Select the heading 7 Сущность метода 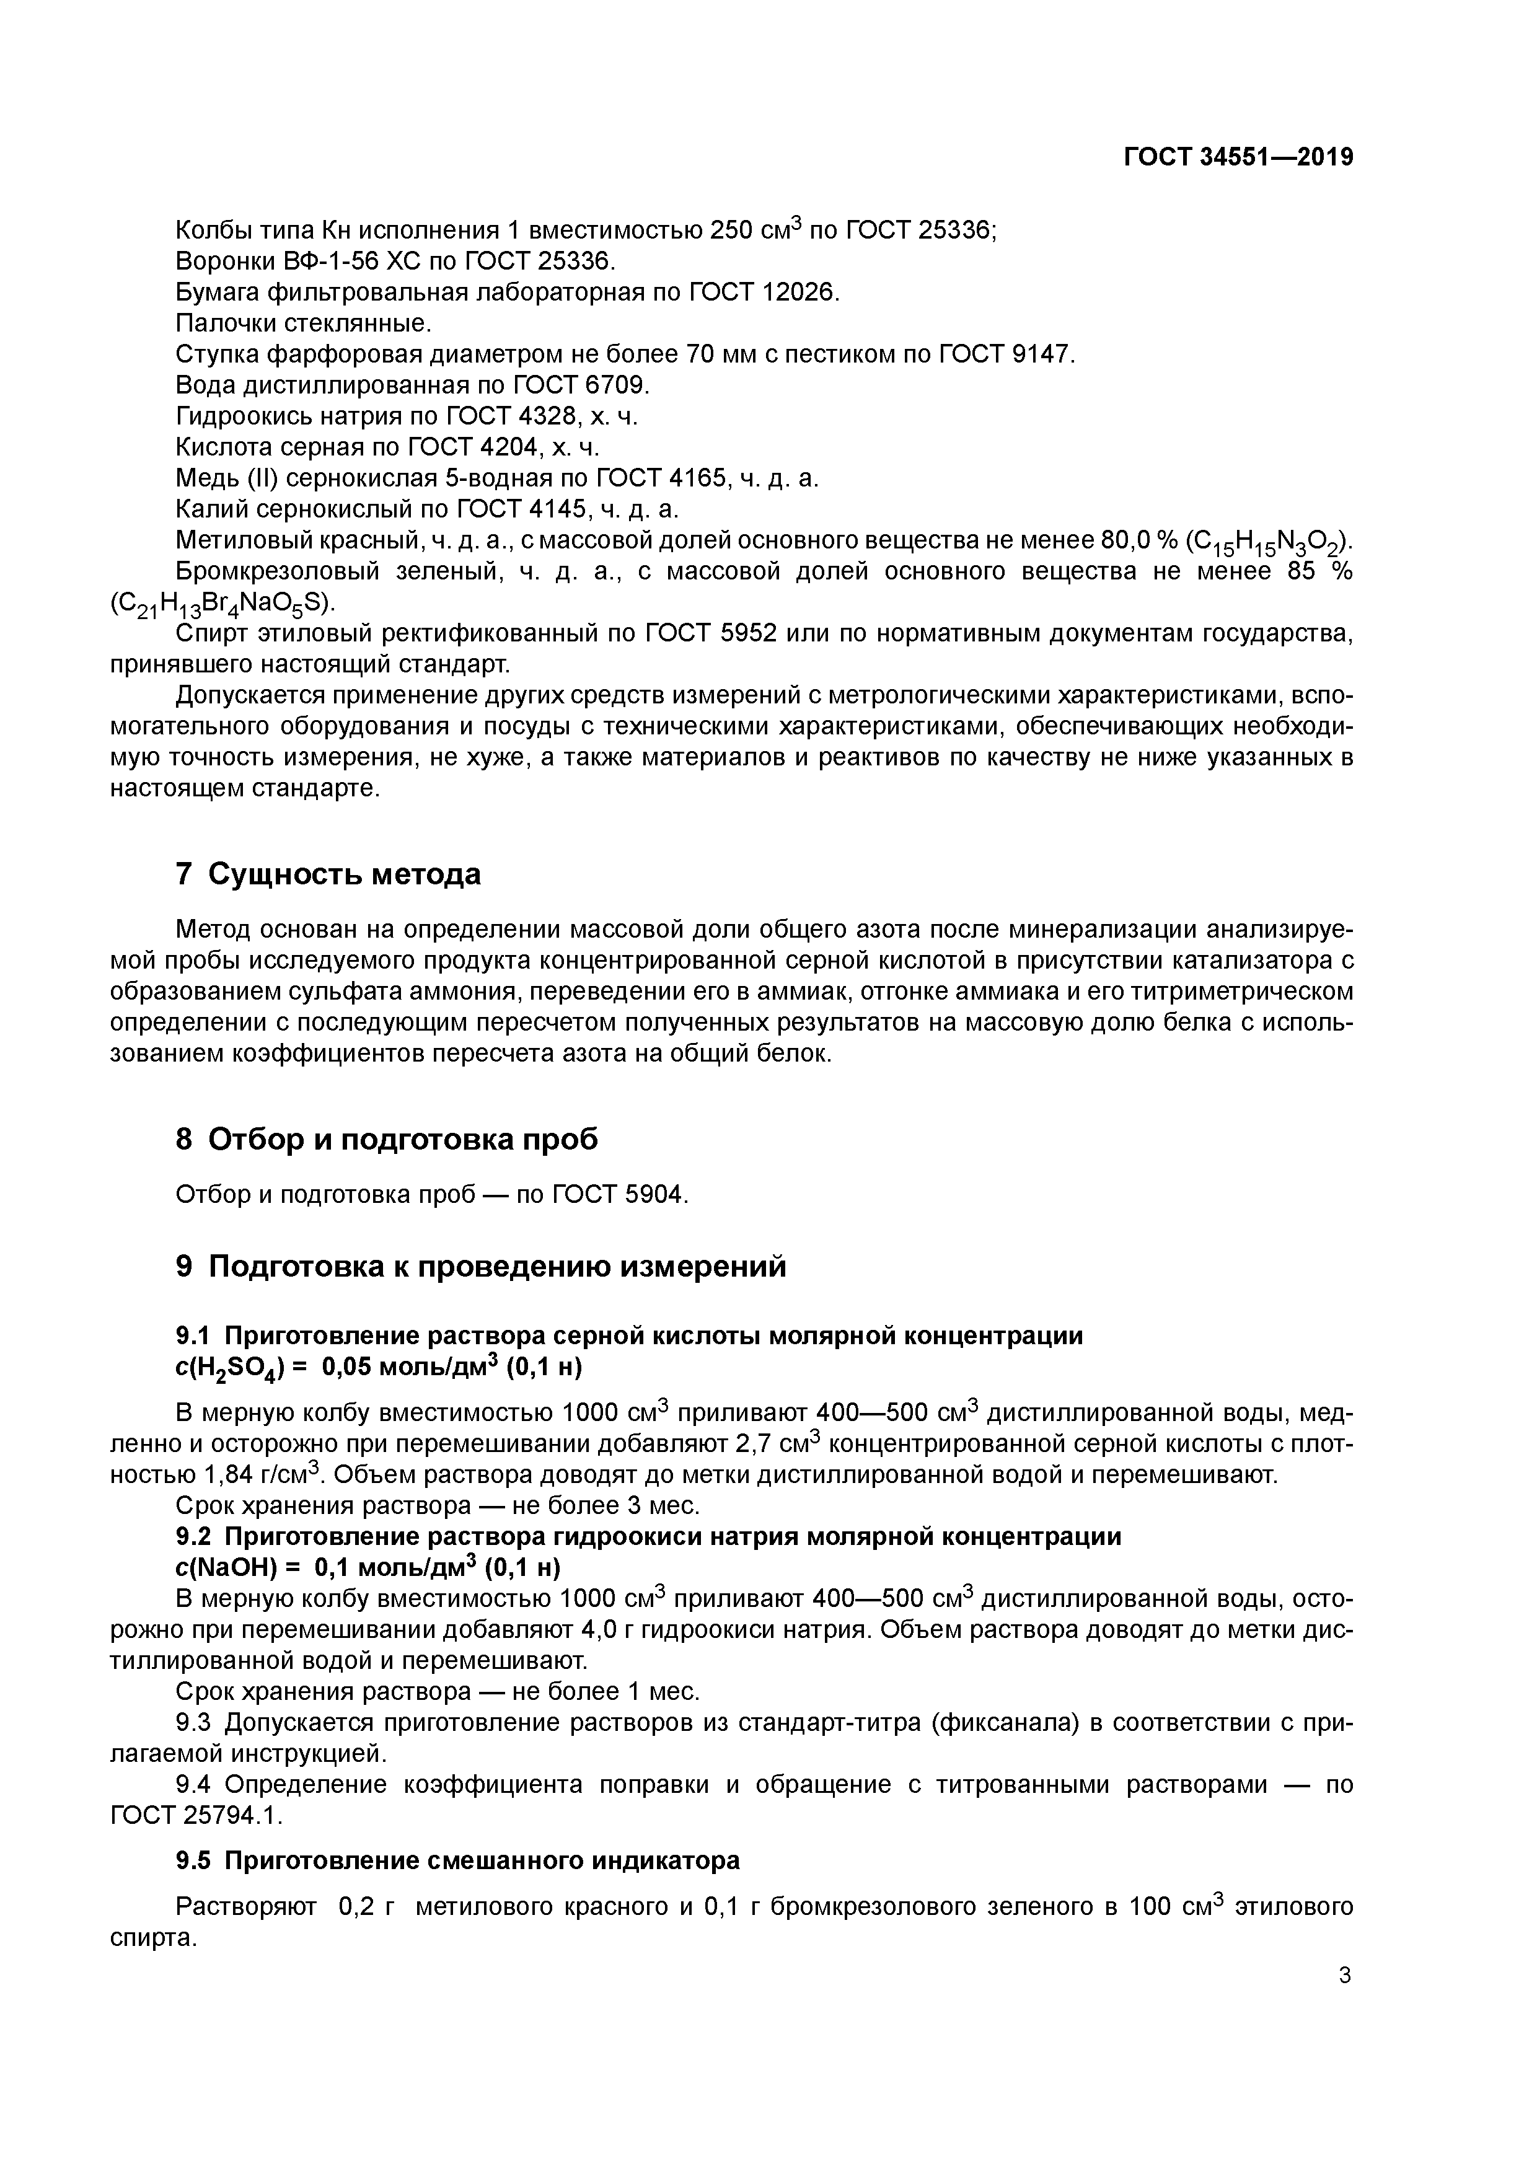pyautogui.click(x=328, y=874)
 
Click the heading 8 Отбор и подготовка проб pyautogui.click(x=387, y=1139)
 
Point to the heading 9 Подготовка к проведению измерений pyautogui.click(x=481, y=1266)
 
